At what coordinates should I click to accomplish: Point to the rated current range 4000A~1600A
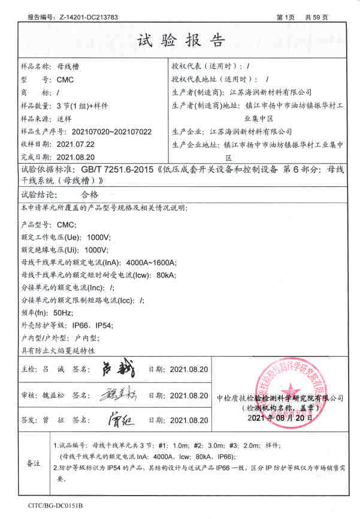click(150, 262)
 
